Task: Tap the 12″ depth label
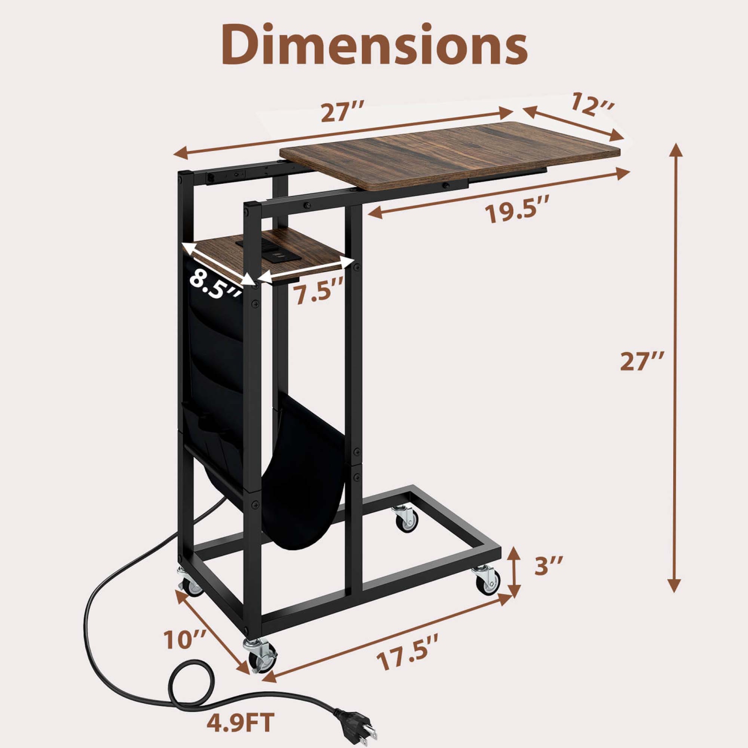(x=592, y=103)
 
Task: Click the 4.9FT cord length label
(x=241, y=722)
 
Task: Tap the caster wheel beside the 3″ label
(x=487, y=580)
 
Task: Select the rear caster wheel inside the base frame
(x=406, y=521)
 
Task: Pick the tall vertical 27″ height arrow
(x=675, y=367)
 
